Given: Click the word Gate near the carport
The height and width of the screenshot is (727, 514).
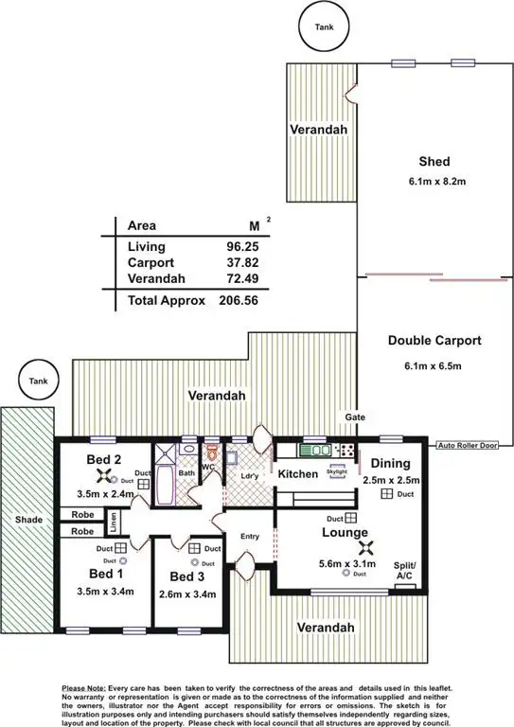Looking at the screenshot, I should point(354,417).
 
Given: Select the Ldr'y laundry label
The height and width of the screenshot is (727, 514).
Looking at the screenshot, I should point(251,474).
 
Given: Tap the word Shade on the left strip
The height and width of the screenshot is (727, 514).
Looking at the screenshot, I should point(26,520).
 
